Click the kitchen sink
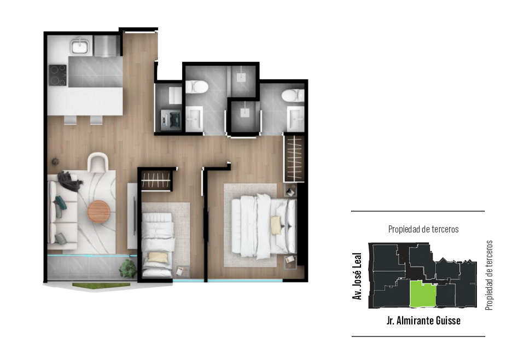coord(79,45)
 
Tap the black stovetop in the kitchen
coord(58,75)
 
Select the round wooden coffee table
coord(98,212)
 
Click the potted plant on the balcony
coord(128,269)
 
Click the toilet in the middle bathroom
coord(196,88)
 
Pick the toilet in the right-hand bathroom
coord(293,96)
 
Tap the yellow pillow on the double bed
coord(276,225)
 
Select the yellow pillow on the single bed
coord(158,257)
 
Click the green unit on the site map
coord(423,294)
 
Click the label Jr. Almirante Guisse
coord(423,320)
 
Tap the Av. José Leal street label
coord(357,276)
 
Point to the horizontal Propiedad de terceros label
coord(423,229)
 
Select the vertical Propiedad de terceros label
coord(489,275)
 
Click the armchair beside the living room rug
coord(98,162)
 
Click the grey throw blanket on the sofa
coord(69,181)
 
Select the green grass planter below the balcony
coord(101,285)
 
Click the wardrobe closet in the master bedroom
coord(294,159)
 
